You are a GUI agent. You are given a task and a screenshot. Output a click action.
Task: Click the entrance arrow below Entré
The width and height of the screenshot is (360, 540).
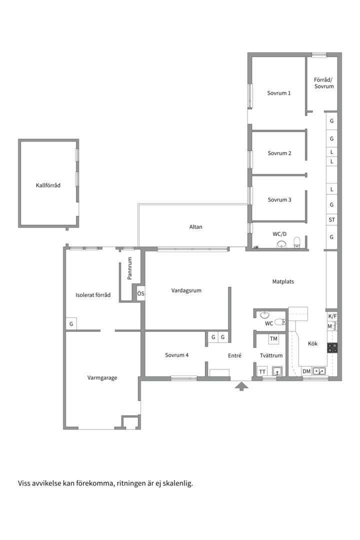(x=241, y=386)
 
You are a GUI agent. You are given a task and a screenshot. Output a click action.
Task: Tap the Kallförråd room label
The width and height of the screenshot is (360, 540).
(x=48, y=185)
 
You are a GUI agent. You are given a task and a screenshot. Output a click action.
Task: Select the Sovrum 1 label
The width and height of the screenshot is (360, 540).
(x=278, y=93)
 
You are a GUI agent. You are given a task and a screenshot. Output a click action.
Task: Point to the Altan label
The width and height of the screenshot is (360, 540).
(x=195, y=227)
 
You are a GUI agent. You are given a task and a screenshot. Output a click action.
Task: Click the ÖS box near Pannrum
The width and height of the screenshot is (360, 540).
(x=140, y=294)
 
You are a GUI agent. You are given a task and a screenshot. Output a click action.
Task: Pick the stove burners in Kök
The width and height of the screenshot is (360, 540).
(x=332, y=348)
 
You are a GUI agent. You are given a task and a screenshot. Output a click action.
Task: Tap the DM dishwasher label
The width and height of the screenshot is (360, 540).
(x=306, y=371)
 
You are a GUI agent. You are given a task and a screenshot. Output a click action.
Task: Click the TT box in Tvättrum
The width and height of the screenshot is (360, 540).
(x=262, y=371)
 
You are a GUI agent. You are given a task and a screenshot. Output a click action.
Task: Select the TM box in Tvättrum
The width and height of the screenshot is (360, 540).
(x=273, y=339)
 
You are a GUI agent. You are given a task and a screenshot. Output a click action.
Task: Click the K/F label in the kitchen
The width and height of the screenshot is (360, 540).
(x=332, y=316)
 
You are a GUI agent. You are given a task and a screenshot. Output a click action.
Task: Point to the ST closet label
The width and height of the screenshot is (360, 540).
(x=332, y=219)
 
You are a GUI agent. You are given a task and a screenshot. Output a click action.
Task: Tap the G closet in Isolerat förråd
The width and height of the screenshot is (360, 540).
(x=71, y=324)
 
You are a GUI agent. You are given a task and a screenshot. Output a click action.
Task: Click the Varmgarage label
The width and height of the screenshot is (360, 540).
(x=102, y=378)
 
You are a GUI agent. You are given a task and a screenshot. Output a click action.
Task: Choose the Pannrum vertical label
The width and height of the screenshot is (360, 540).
(x=130, y=268)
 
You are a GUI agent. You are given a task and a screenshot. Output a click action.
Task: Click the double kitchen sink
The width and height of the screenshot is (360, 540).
(x=319, y=371)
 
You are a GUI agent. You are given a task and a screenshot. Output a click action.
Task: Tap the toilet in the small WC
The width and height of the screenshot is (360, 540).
(x=280, y=322)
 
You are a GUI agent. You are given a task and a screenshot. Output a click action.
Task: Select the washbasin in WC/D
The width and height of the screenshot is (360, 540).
(x=282, y=244)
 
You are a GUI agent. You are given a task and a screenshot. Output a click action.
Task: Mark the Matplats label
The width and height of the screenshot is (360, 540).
(x=283, y=281)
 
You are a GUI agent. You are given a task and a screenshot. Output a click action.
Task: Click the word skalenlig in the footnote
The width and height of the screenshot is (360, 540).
(x=179, y=483)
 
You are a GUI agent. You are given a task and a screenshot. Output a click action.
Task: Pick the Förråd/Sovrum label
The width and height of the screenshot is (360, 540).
(x=324, y=83)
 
